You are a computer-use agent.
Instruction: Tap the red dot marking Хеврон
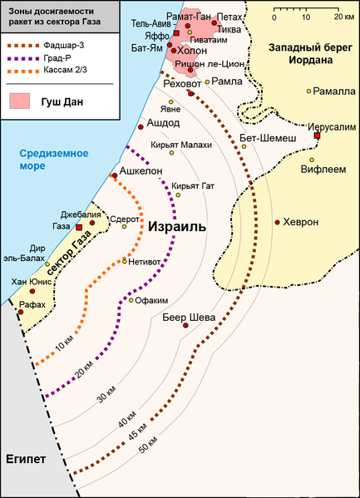coord(277,223)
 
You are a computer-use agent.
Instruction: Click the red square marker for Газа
coord(79,227)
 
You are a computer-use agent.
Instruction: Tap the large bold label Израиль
coord(177,226)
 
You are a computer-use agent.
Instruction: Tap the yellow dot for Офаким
coord(131,300)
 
